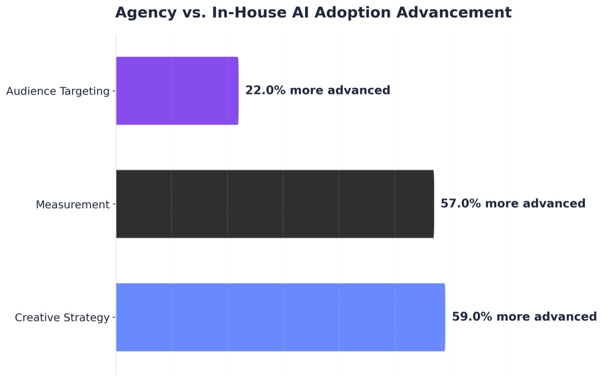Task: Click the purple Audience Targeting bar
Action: coord(177,90)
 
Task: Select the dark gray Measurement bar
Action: coord(274,204)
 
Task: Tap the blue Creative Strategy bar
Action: coord(280,317)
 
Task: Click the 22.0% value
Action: coord(265,90)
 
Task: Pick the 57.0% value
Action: coord(461,204)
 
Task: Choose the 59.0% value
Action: coord(472,317)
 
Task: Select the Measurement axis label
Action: coord(72,205)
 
